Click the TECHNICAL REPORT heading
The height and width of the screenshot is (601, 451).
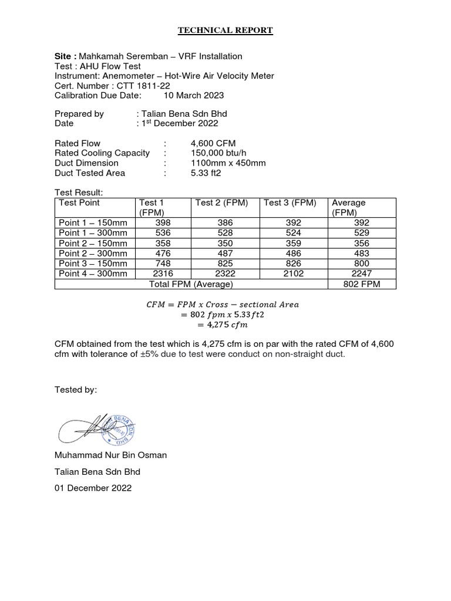(225, 31)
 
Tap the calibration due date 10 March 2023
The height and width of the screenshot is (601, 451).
(194, 95)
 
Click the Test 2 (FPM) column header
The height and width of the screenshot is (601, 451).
(222, 203)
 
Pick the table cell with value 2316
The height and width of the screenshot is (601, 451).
(164, 274)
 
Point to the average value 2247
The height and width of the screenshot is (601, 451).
(361, 274)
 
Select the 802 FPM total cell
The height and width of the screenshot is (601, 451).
(361, 284)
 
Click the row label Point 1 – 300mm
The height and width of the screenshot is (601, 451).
(93, 233)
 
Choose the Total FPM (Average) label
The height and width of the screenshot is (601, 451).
(191, 284)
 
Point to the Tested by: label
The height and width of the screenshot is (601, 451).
(76, 390)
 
